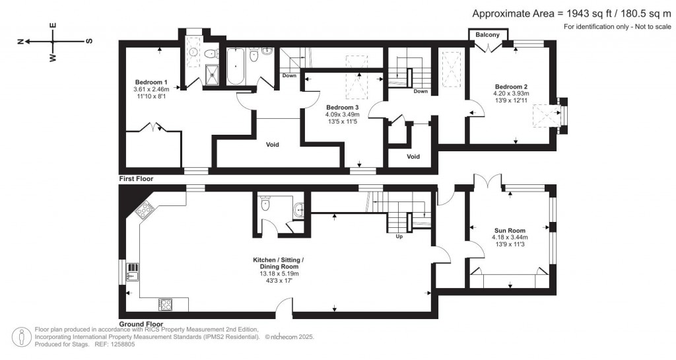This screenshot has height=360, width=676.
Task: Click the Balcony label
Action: click(488, 34)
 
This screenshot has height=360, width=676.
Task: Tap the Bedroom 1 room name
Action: click(151, 81)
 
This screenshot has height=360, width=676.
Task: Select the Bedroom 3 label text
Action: click(343, 107)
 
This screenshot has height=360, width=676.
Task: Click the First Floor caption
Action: click(136, 179)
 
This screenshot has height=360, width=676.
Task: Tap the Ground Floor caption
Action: click(141, 324)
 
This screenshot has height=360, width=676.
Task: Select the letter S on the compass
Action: click(88, 41)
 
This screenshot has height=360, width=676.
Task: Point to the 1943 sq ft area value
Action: click(588, 13)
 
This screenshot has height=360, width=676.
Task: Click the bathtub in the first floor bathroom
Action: click(236, 67)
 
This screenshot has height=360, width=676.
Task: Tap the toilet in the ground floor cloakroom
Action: click(265, 204)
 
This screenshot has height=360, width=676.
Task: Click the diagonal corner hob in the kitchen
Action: click(144, 211)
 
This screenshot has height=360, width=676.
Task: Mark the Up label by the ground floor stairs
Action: click(399, 236)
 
